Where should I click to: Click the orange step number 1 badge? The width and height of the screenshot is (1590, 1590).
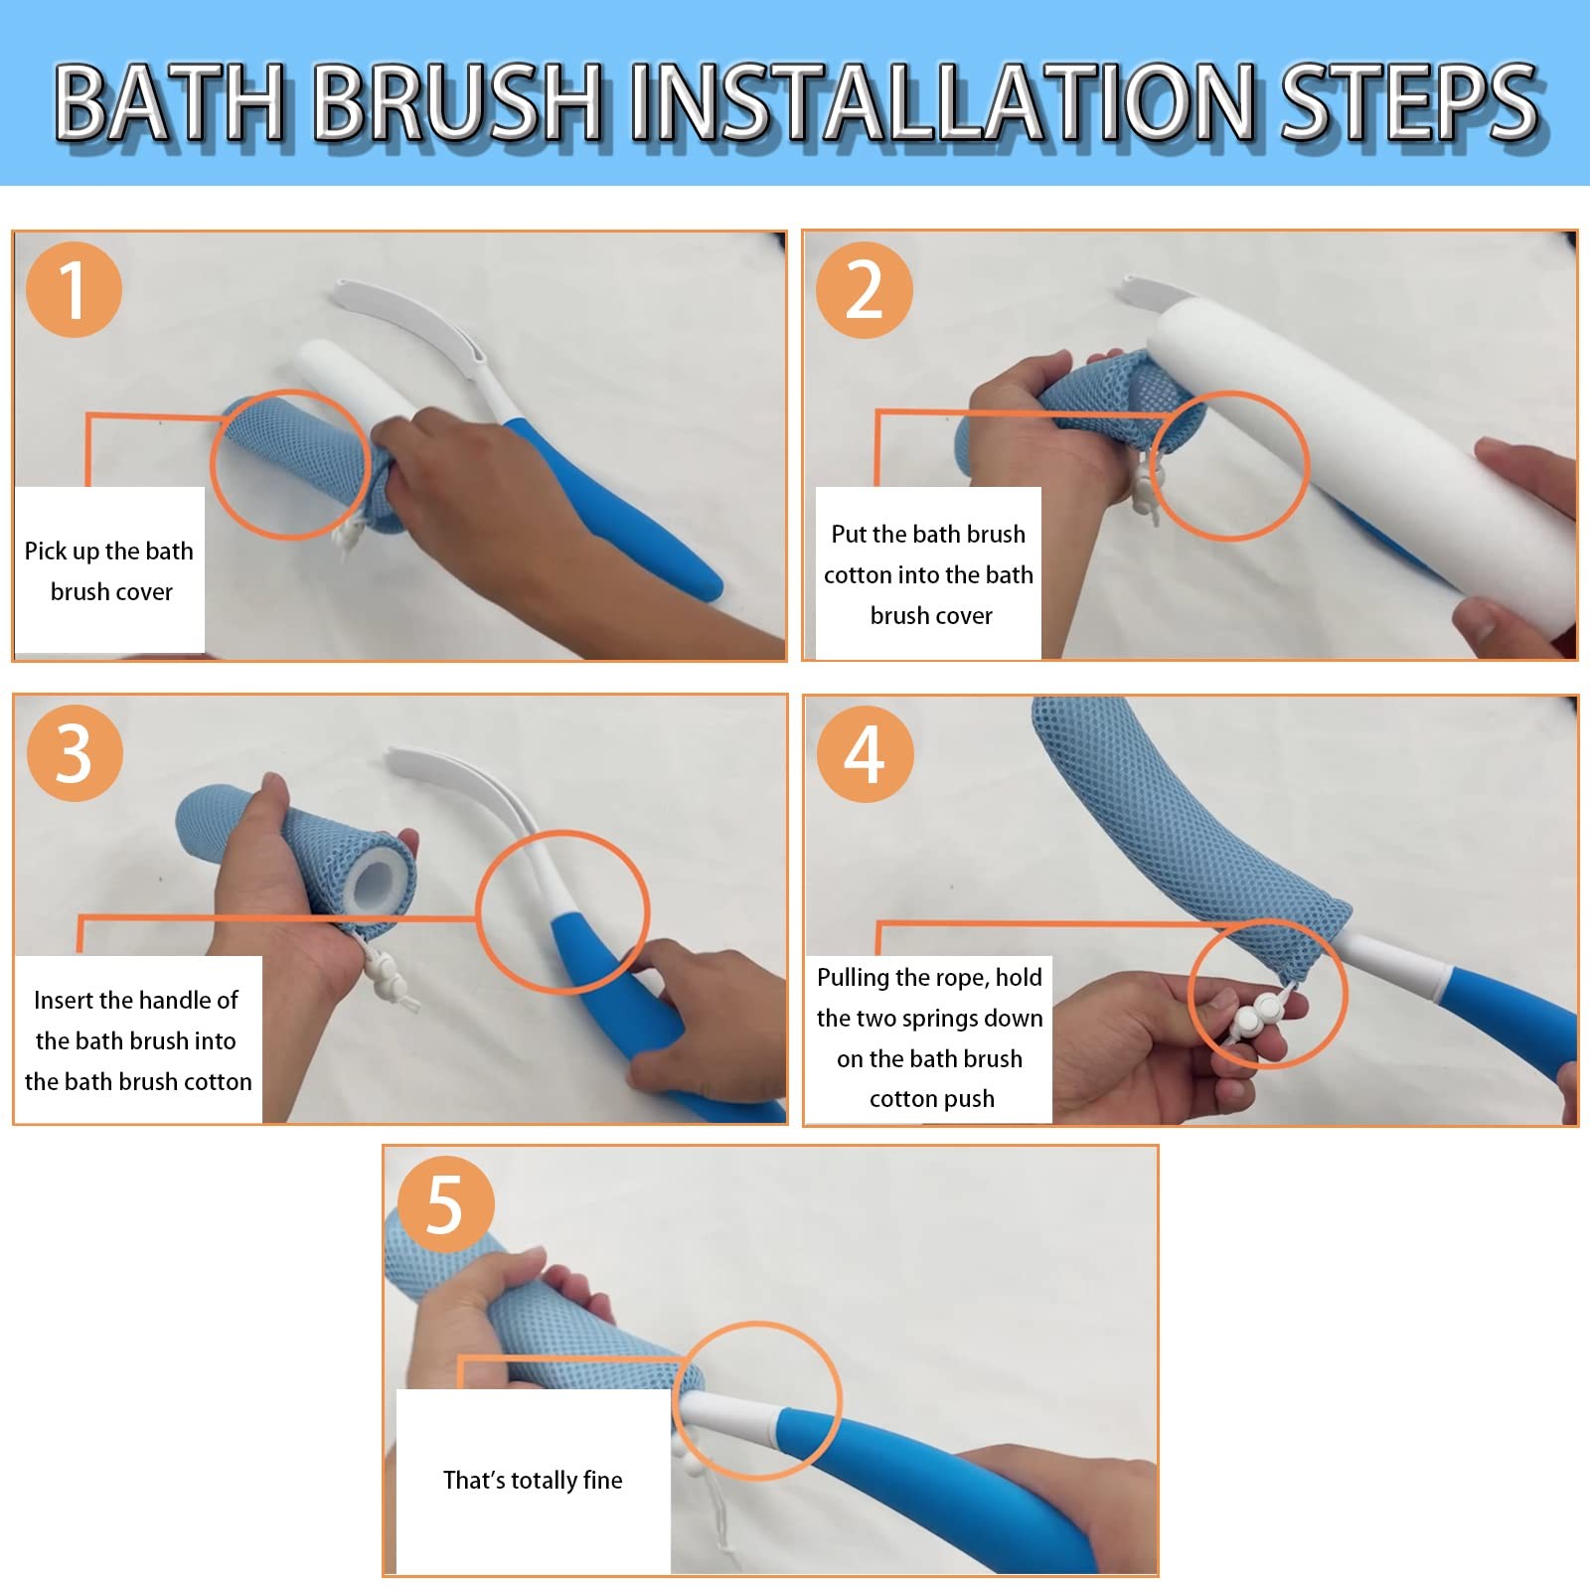pos(74,289)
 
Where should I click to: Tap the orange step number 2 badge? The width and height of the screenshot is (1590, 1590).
pos(864,289)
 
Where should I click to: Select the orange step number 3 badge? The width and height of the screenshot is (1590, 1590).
pos(75,752)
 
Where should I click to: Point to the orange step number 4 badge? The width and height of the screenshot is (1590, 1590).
pos(865,753)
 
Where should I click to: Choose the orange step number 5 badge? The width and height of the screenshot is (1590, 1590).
pos(445,1204)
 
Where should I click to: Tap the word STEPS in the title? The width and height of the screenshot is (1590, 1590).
pos(1409,102)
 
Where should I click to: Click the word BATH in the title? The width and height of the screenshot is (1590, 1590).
pos(170,102)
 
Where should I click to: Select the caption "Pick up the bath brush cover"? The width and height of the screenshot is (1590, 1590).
pos(109,570)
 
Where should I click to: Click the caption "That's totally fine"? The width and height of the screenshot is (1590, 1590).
pos(533,1480)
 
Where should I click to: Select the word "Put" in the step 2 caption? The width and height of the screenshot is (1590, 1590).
pos(849,534)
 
